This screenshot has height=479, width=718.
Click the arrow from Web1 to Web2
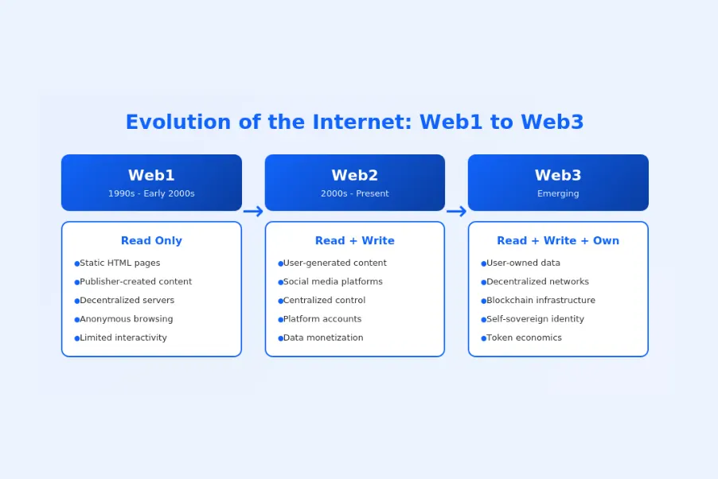click(x=253, y=211)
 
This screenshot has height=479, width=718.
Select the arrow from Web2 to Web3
click(x=456, y=211)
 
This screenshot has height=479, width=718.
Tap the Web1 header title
click(x=151, y=176)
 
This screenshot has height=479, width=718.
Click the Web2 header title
click(x=355, y=176)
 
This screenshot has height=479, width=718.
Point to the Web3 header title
click(x=558, y=176)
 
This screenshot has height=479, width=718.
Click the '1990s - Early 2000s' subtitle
click(x=151, y=193)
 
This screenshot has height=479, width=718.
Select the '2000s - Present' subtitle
click(x=355, y=193)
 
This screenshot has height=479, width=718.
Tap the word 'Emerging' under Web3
click(x=558, y=193)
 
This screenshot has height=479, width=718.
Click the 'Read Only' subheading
click(x=151, y=240)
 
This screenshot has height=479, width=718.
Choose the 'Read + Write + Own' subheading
click(x=558, y=240)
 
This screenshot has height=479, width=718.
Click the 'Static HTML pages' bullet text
click(x=119, y=263)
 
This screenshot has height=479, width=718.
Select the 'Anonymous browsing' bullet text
click(x=126, y=319)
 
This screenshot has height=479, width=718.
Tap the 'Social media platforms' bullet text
click(x=333, y=282)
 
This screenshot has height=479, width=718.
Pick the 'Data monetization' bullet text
click(x=323, y=338)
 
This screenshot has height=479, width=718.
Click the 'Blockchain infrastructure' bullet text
click(x=540, y=301)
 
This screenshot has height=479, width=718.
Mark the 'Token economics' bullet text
click(x=524, y=338)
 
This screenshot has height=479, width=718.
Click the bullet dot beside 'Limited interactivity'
click(x=77, y=338)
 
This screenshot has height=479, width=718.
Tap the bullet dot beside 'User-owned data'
click(x=483, y=263)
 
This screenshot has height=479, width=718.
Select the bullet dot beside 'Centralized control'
click(x=280, y=301)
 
